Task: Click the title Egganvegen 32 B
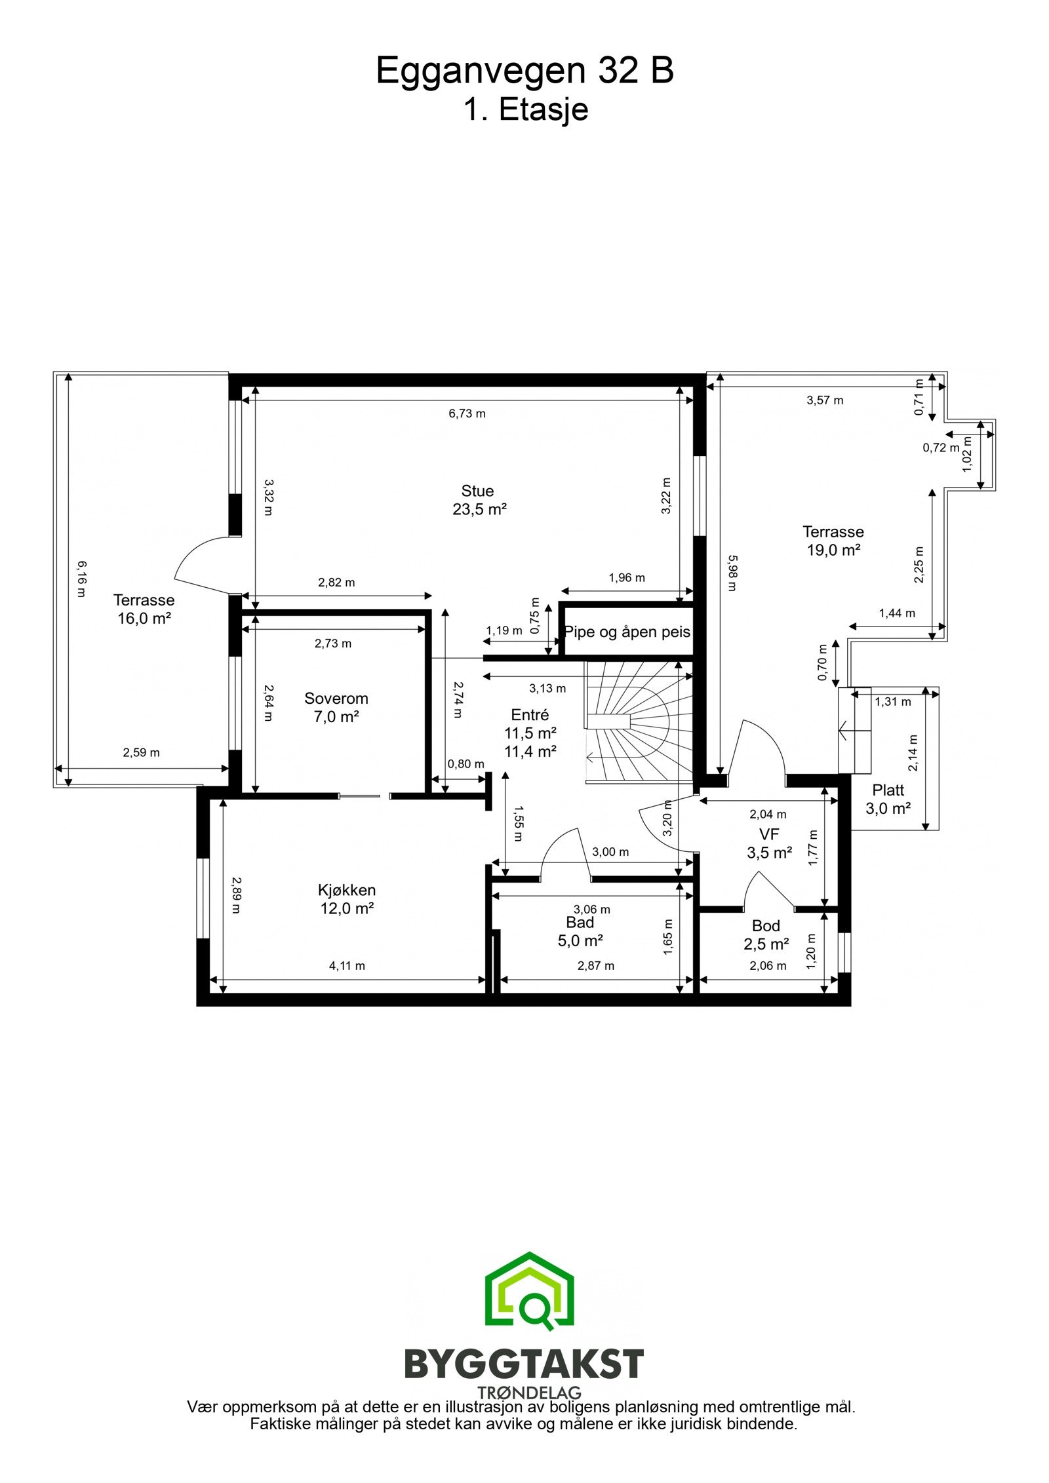point(524,71)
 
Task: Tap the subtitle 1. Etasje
point(525,109)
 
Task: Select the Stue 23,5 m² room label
point(478,500)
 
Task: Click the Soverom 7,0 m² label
point(336,707)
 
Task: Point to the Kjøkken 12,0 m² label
point(347,898)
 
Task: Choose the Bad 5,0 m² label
point(580,931)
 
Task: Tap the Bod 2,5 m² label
point(766,934)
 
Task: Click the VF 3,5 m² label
point(768,843)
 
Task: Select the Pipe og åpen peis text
point(627,632)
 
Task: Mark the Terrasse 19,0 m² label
point(833,541)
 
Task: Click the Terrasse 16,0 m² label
point(144,609)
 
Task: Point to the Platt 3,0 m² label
point(888,799)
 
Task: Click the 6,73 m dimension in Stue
point(467,414)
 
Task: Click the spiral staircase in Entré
point(636,721)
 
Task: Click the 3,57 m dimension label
point(824,400)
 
